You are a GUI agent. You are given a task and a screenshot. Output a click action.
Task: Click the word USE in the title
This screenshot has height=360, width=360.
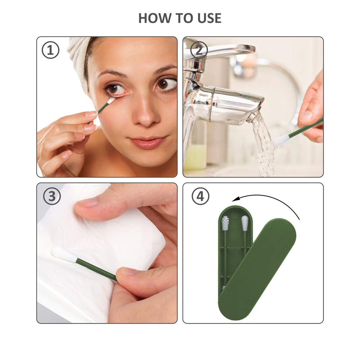point(209,18)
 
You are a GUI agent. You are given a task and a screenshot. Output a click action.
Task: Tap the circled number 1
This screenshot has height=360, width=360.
point(50,50)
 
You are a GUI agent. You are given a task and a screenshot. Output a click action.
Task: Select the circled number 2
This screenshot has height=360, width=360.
point(199,50)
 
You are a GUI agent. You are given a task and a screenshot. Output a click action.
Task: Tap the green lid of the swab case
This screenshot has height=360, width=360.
point(257,269)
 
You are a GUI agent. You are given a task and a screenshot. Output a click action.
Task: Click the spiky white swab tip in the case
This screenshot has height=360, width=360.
point(225,224)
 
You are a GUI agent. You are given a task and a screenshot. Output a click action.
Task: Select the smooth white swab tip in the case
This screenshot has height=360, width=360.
point(244,223)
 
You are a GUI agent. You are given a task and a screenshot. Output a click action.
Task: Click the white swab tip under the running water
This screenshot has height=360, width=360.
point(280,141)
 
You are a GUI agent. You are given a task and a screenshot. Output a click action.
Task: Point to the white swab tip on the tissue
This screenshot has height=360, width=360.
point(64,255)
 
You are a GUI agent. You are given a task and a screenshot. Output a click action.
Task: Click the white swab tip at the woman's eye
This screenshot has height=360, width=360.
point(111,100)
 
